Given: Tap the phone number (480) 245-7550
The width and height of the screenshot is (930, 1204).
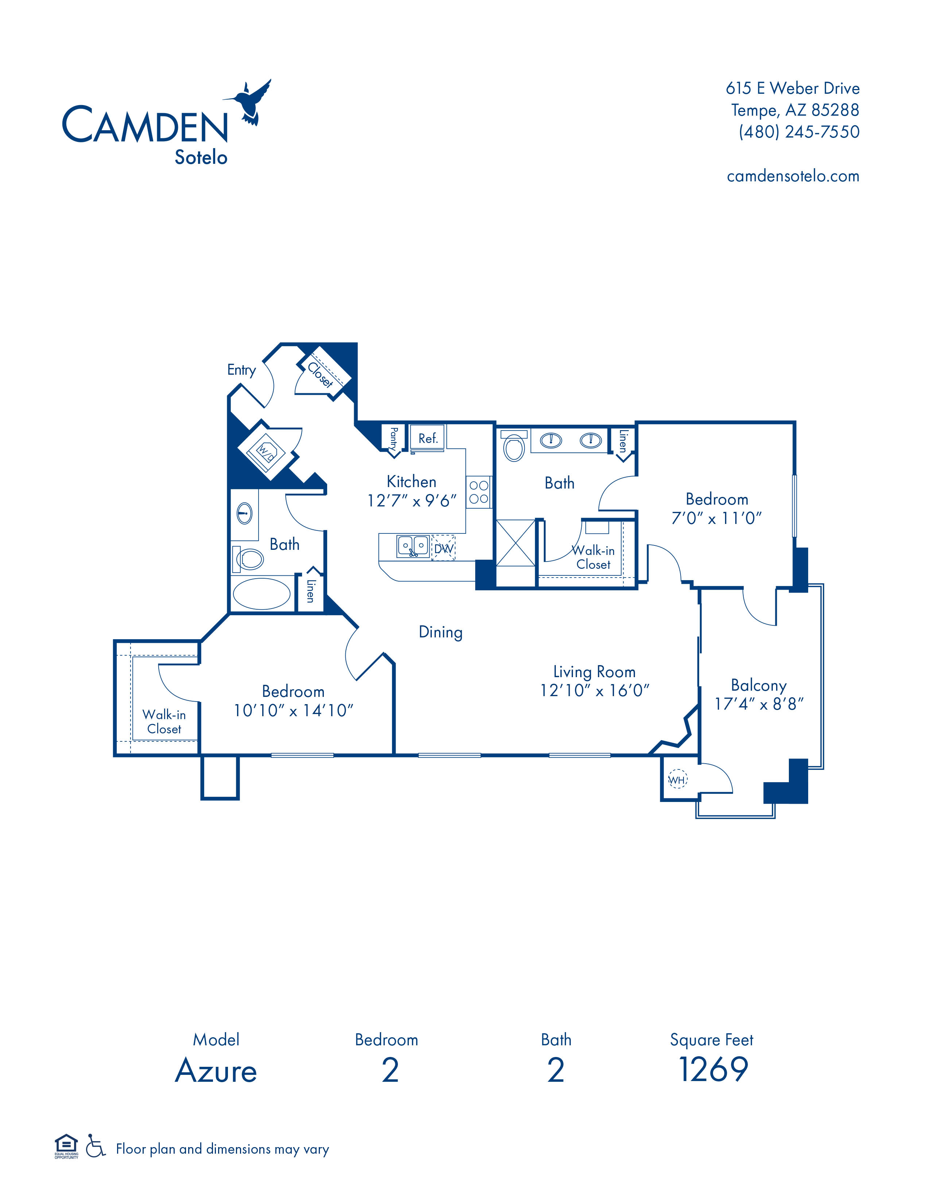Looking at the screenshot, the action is tap(798, 132).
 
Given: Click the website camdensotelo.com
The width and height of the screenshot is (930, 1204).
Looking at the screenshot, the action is tap(793, 177).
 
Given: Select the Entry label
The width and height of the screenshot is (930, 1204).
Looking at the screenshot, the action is tap(241, 370).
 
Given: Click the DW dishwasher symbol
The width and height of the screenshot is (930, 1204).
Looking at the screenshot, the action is tap(443, 548).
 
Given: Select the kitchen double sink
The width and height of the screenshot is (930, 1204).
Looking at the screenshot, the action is tap(412, 546).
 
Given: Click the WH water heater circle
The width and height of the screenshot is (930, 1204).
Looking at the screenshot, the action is tap(677, 780).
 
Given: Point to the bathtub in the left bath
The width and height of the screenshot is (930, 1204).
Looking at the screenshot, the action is tap(262, 594).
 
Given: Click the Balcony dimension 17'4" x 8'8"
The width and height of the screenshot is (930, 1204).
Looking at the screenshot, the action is tap(759, 704).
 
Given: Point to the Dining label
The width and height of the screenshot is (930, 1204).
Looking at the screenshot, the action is tap(441, 632).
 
